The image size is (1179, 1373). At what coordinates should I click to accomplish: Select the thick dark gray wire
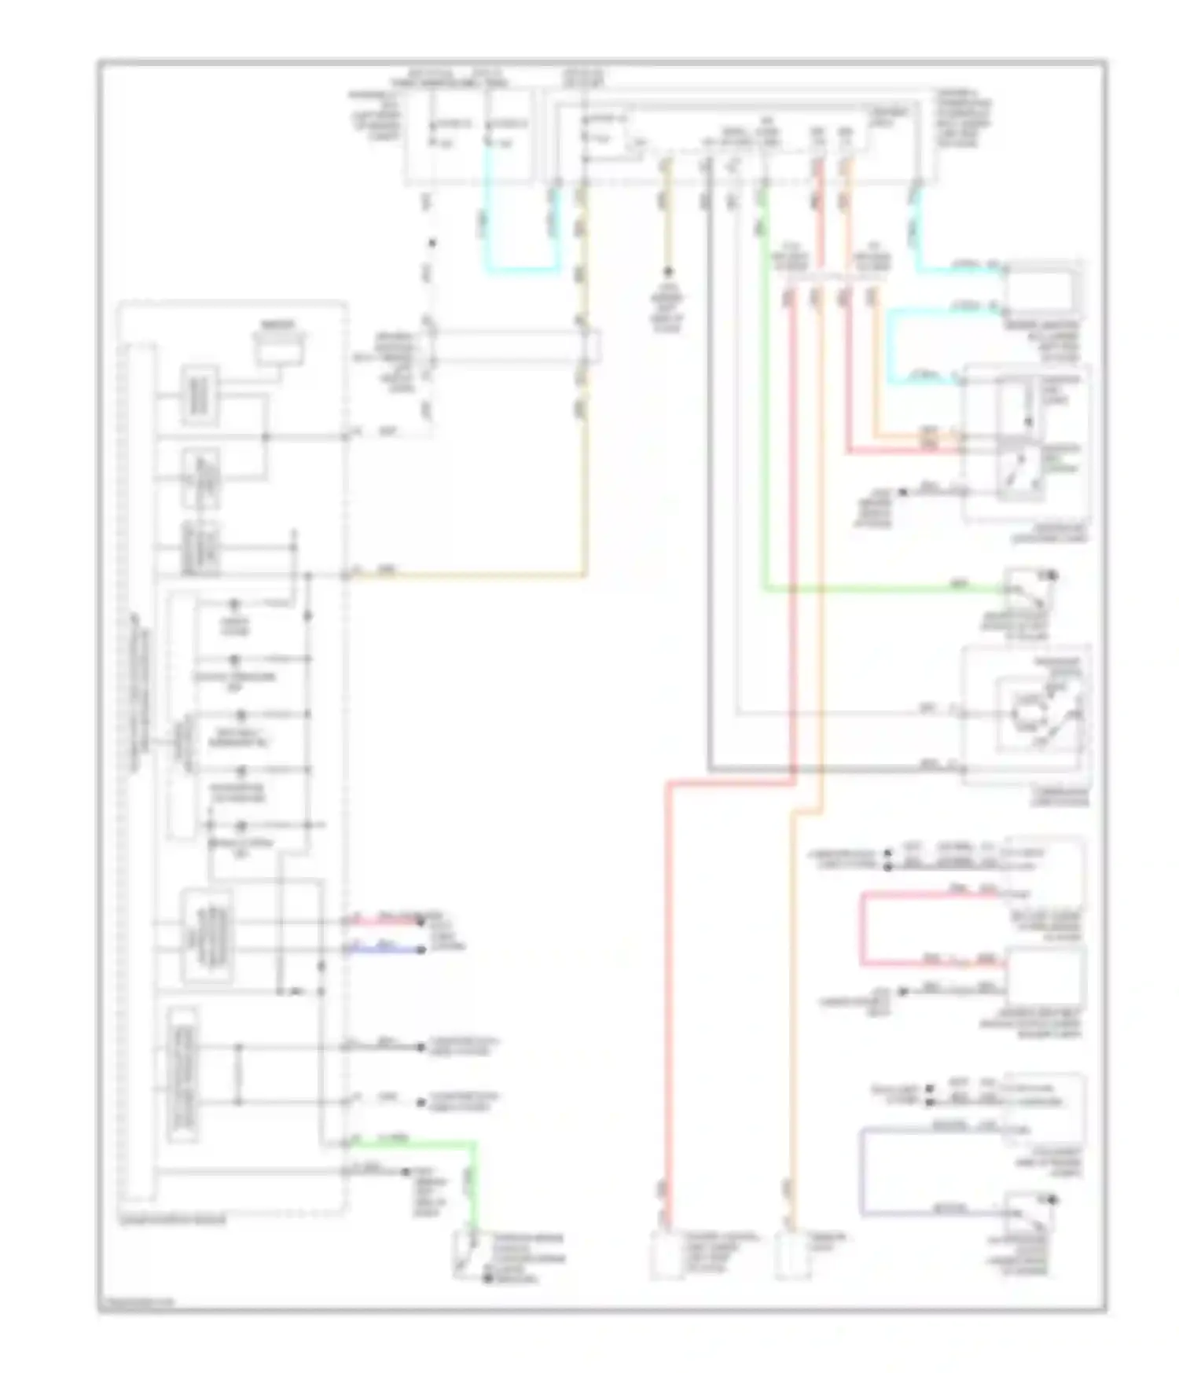coord(709,472)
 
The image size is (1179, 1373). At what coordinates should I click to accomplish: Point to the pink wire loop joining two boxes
coord(862,927)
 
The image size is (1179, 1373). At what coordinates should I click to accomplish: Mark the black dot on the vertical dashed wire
coord(432,244)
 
